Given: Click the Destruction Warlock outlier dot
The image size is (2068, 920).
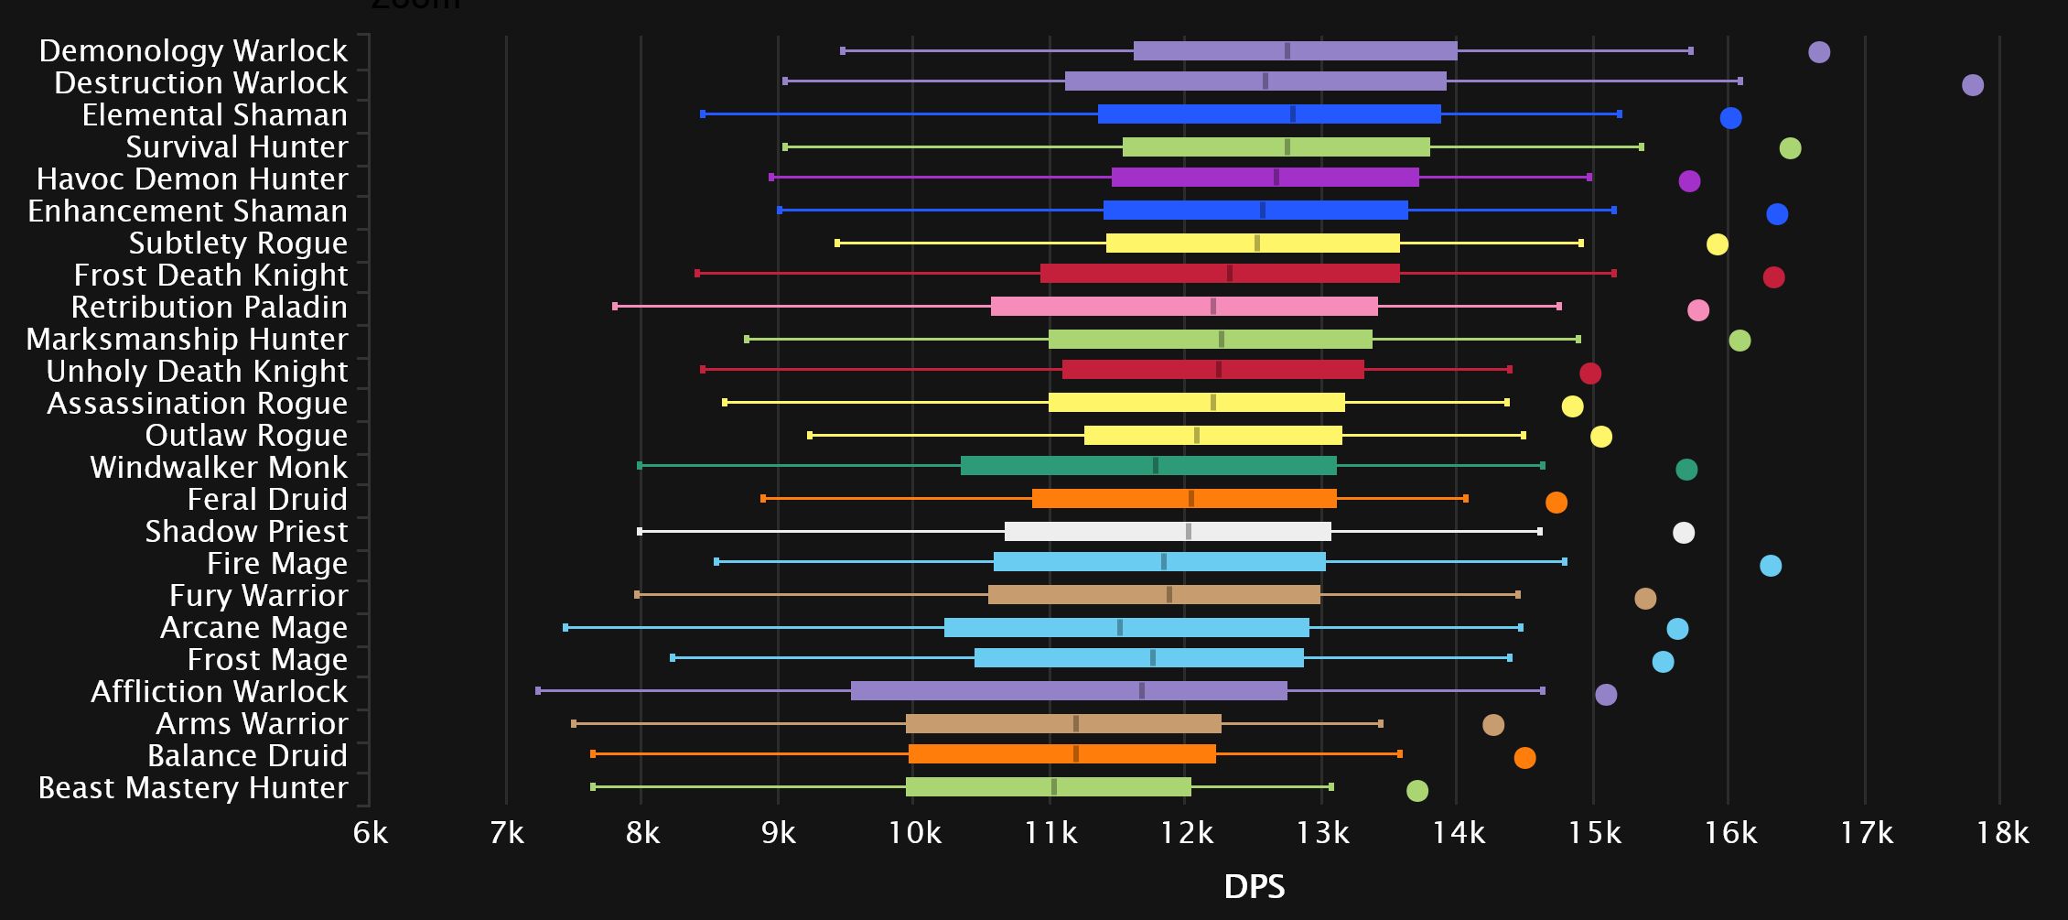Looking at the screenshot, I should [x=1972, y=85].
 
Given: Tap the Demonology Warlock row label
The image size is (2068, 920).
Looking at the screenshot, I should [x=193, y=51].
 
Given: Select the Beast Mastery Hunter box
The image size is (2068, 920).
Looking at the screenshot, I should [x=1048, y=787].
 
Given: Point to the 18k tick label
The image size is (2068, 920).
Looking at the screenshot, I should [x=2002, y=833].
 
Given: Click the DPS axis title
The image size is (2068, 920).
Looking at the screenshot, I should [x=1254, y=886].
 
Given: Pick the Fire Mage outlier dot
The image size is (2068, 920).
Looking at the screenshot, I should [x=1770, y=566].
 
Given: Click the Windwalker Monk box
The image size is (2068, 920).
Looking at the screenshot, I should [x=1148, y=466].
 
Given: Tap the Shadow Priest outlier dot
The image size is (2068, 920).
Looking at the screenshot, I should [x=1683, y=533].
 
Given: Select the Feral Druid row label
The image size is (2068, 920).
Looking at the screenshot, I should [x=267, y=500].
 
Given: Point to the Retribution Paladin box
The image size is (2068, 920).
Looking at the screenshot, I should [x=1184, y=307].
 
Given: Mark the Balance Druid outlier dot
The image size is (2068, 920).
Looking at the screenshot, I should [x=1524, y=758].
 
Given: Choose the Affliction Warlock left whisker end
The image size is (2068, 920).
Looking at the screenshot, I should [x=538, y=691].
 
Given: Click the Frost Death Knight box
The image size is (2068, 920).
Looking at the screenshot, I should [x=1220, y=274].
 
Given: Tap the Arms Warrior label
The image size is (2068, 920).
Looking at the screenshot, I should [x=252, y=724].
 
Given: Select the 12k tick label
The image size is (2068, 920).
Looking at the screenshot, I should [x=1186, y=833].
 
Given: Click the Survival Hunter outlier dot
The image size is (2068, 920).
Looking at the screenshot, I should [x=1790, y=148].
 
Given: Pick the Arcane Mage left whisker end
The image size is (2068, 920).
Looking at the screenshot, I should [x=565, y=628].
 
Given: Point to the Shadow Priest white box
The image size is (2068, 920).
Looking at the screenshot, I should [x=1168, y=532].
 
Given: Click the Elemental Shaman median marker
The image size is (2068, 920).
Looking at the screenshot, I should [x=1292, y=114].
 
